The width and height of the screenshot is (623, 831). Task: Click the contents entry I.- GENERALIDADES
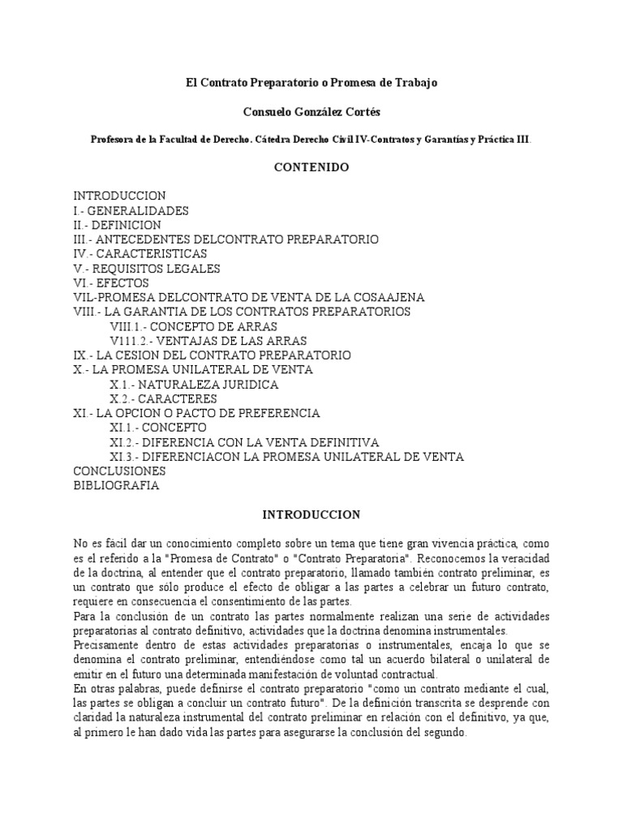131,210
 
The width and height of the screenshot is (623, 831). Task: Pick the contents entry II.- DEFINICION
117,225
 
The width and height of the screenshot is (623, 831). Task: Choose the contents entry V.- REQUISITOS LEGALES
146,269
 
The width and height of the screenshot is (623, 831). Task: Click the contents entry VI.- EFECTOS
111,283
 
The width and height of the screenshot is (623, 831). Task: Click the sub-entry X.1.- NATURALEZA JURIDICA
195,384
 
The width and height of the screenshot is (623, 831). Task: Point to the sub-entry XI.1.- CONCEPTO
158,428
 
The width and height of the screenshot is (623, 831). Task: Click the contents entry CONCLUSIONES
119,471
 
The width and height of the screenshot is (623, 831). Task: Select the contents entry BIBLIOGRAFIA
116,485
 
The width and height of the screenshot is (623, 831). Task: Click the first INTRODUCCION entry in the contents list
119,196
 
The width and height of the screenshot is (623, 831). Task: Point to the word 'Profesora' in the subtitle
114,139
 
